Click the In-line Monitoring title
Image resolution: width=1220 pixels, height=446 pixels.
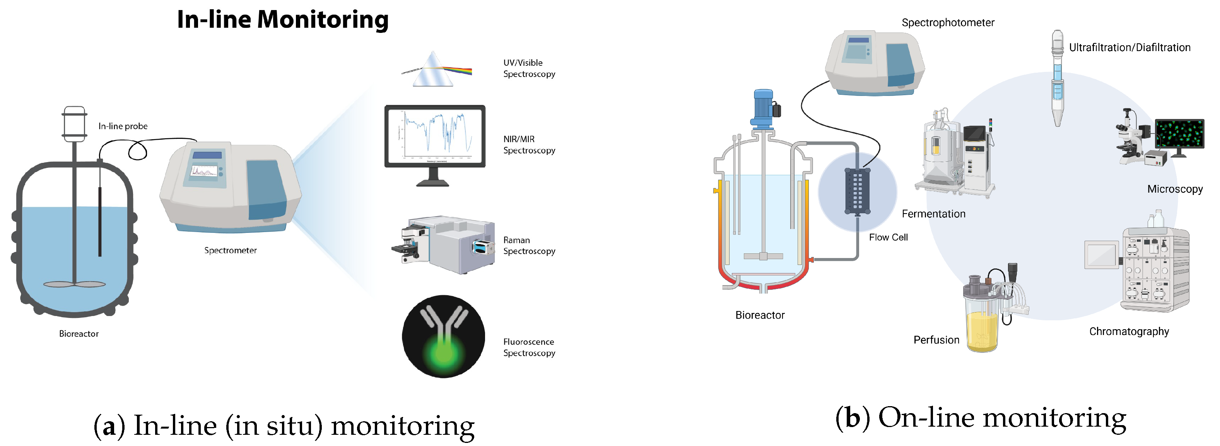282,20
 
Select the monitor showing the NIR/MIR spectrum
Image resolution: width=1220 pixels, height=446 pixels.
435,137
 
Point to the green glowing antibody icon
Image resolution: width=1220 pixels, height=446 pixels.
443,336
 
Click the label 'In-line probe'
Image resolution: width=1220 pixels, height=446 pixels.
123,126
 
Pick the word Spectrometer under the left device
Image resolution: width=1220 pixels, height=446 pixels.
230,250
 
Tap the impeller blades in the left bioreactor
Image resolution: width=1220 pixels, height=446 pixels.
74,284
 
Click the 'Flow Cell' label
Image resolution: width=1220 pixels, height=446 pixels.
888,237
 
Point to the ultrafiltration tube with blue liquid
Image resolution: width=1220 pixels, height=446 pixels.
1057,78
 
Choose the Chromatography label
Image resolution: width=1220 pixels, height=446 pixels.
1129,332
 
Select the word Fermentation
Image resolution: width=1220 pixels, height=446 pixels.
933,214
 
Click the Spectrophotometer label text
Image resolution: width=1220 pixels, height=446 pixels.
947,23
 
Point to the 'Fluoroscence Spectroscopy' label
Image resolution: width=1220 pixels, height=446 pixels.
528,347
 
